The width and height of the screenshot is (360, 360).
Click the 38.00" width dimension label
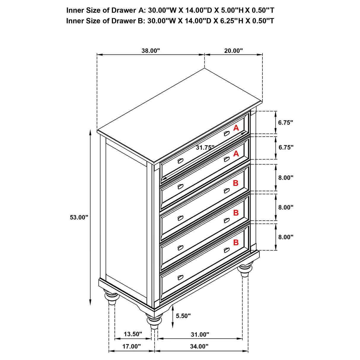tap(151, 51)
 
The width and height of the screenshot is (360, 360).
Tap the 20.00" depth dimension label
tap(233, 51)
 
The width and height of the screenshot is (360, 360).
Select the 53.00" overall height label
tap(79, 217)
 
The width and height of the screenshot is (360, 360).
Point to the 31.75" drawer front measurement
tap(205, 148)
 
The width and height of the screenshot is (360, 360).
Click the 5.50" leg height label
tap(183, 316)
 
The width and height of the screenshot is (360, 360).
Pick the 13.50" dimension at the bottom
tap(133, 334)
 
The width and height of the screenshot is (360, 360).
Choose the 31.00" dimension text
tap(200, 334)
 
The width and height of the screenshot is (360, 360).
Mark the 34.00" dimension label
tap(199, 346)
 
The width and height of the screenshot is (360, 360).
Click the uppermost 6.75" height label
tap(286, 122)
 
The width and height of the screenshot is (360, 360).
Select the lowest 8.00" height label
tap(286, 237)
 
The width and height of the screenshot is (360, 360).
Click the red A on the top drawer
tap(236, 128)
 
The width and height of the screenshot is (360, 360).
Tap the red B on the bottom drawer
tap(236, 243)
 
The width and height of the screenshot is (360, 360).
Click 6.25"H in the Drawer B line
tap(232, 21)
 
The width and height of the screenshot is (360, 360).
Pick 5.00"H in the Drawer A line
tap(232, 10)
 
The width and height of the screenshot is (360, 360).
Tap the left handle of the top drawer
tap(180, 160)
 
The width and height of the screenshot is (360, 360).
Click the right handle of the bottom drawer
tap(227, 250)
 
